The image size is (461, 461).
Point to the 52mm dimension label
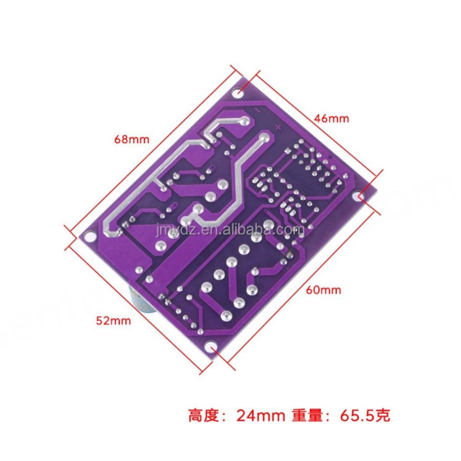pos(113,321)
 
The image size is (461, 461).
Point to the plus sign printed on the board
pos(278,127)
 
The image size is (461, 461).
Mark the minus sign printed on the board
pos(257,110)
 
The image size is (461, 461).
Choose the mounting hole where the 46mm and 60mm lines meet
pos(361,196)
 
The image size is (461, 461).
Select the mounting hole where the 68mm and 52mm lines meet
pos(87,236)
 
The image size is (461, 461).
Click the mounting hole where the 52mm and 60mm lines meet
pos(209,347)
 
